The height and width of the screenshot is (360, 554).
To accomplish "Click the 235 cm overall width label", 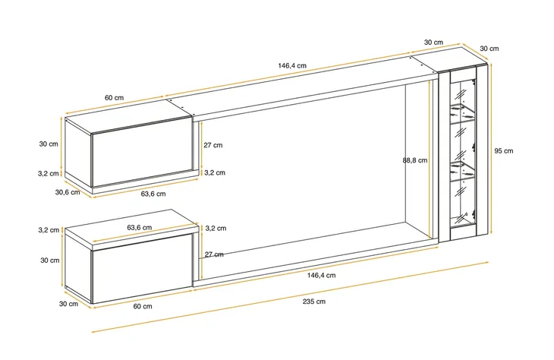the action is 313,302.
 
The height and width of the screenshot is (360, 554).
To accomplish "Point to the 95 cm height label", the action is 503,150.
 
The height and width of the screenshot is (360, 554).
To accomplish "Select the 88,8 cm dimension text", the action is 415,160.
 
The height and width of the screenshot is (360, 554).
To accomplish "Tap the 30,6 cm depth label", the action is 68,192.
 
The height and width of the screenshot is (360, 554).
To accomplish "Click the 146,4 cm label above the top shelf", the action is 292,65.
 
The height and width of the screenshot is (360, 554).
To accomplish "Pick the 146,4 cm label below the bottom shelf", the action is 321,275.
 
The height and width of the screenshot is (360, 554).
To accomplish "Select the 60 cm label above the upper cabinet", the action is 114,98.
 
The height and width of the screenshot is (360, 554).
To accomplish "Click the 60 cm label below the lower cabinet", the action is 143,306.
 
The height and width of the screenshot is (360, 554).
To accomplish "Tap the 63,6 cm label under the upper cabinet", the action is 153,194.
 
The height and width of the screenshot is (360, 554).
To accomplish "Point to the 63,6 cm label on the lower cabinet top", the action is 139,227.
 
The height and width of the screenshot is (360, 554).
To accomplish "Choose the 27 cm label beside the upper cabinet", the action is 213,145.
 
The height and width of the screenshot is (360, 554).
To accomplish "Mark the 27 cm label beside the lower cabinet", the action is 214,254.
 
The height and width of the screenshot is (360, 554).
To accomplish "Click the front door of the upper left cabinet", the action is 143,153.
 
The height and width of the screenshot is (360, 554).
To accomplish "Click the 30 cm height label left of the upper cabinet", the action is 49,144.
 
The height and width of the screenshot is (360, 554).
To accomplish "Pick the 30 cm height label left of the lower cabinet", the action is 50,261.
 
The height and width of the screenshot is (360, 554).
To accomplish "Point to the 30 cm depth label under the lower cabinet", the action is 68,304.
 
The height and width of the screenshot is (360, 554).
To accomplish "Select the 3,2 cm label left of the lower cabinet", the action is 49,230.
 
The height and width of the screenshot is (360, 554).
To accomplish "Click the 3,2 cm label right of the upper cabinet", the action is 215,172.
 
